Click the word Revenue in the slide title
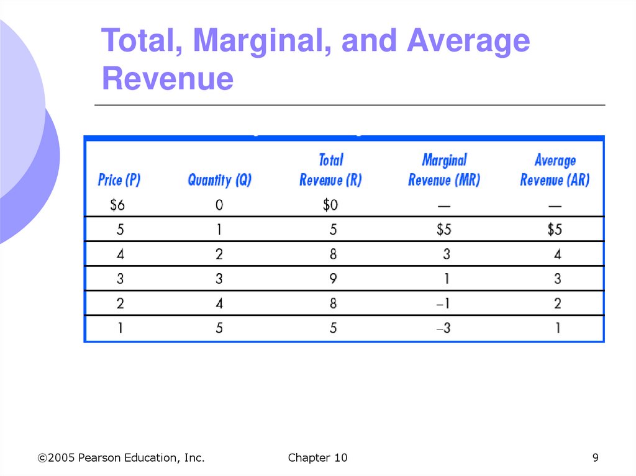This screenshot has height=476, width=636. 168,79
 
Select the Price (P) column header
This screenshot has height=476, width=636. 119,180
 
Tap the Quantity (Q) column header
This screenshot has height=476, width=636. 219,180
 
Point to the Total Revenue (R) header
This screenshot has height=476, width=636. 330,170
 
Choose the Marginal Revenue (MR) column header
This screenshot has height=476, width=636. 444,170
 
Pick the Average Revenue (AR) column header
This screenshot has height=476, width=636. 555,170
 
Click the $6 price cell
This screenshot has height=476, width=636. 120,205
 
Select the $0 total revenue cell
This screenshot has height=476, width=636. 330,205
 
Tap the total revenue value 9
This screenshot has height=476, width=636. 334,279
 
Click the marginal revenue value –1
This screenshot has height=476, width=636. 443,303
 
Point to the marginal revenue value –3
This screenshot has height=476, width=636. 443,328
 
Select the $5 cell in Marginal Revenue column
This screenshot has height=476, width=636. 443,230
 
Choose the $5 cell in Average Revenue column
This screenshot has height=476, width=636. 555,230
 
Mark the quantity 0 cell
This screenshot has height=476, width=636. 219,205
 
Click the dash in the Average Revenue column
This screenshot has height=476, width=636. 555,205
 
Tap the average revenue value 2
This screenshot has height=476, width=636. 557,303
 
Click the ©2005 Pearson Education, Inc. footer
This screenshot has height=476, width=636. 121,458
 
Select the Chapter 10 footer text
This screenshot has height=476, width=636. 317,458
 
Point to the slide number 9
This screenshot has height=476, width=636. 595,458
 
